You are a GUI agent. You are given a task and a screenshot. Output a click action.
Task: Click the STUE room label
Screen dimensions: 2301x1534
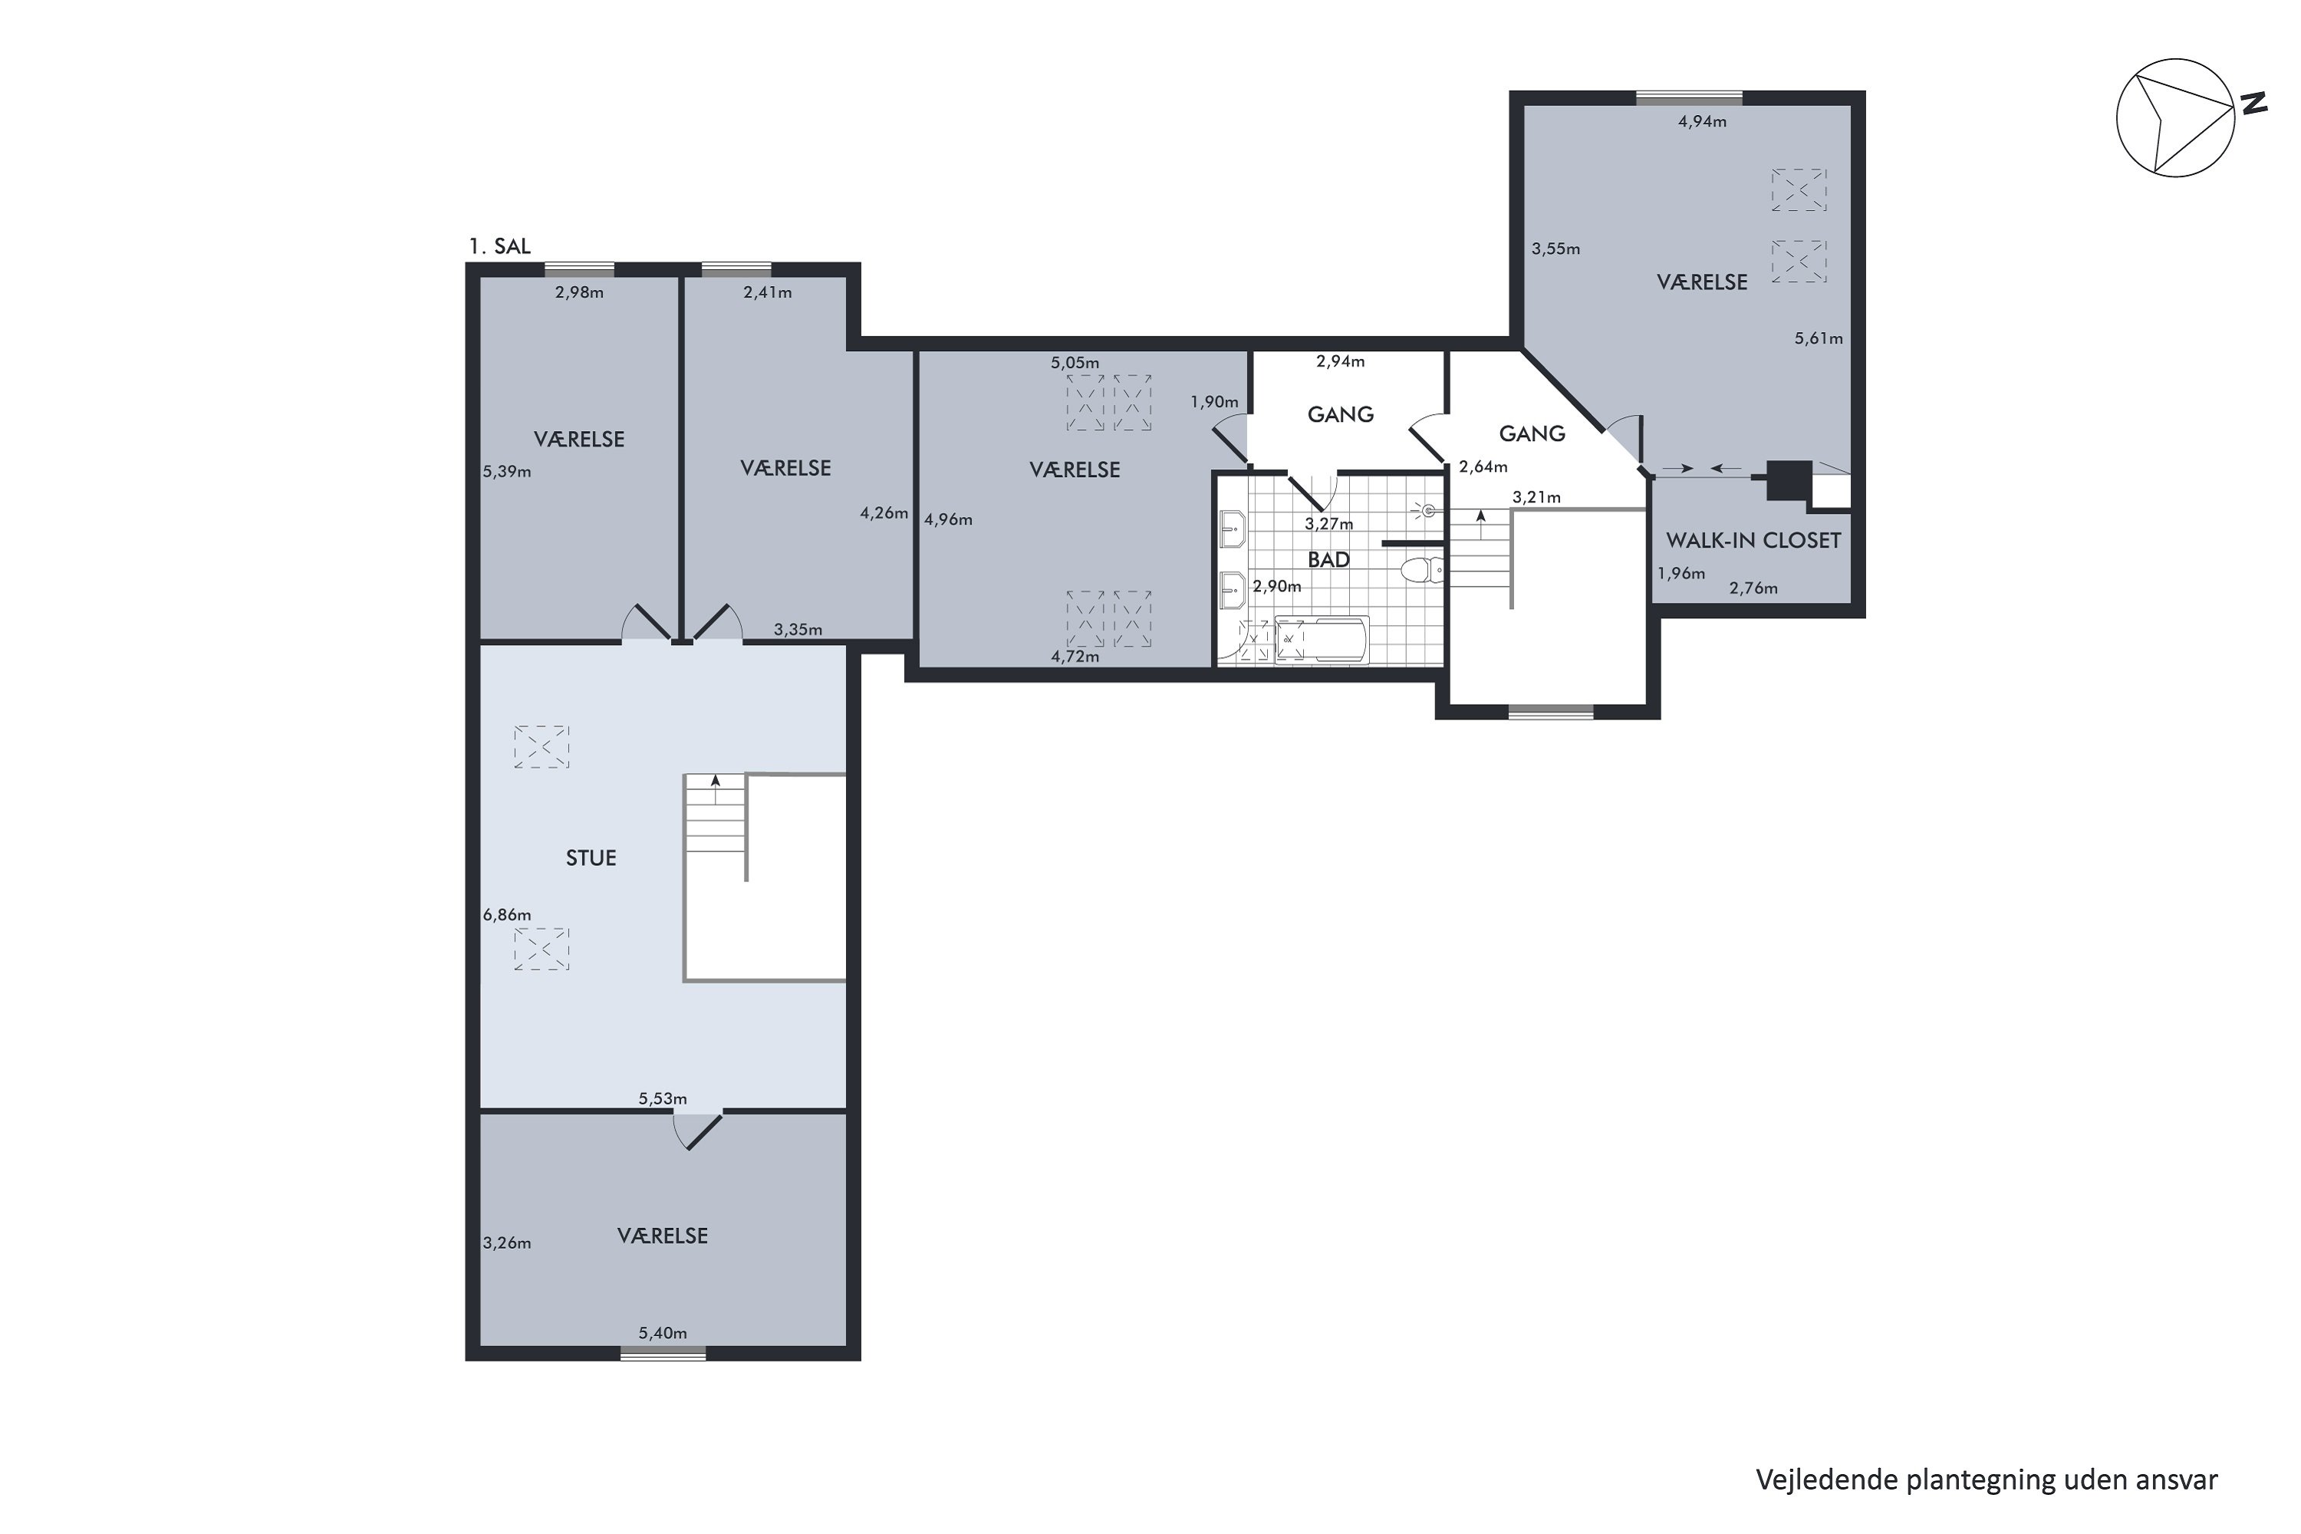click(x=591, y=858)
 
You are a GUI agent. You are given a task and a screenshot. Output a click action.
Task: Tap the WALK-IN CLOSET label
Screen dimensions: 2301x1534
click(x=1753, y=540)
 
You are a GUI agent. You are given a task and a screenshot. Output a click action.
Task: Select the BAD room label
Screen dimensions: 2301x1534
click(x=1328, y=560)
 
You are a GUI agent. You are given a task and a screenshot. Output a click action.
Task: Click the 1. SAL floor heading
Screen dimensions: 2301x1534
click(x=500, y=245)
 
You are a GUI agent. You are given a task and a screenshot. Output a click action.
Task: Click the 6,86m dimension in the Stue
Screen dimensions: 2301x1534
click(x=507, y=915)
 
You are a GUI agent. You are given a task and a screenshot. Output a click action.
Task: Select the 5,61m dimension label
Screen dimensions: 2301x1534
click(x=1819, y=338)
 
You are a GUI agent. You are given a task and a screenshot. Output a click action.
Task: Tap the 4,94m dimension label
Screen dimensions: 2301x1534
click(x=1702, y=121)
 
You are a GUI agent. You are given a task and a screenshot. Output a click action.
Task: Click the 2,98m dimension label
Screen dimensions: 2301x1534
click(x=579, y=291)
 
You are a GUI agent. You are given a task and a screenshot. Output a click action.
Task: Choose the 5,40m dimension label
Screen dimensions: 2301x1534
click(x=663, y=1332)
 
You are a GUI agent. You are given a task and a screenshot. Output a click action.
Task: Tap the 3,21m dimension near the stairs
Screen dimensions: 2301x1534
click(x=1537, y=497)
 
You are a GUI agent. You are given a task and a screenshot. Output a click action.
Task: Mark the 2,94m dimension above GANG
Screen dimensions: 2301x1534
click(x=1340, y=361)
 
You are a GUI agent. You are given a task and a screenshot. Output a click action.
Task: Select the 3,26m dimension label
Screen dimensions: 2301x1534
click(x=507, y=1243)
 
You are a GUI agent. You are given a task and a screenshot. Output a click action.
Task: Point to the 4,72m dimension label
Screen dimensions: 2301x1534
click(x=1075, y=657)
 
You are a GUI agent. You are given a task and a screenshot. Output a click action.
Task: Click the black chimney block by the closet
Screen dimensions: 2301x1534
click(x=1786, y=480)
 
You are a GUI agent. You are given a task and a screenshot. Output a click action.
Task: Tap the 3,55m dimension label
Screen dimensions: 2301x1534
click(x=1555, y=249)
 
